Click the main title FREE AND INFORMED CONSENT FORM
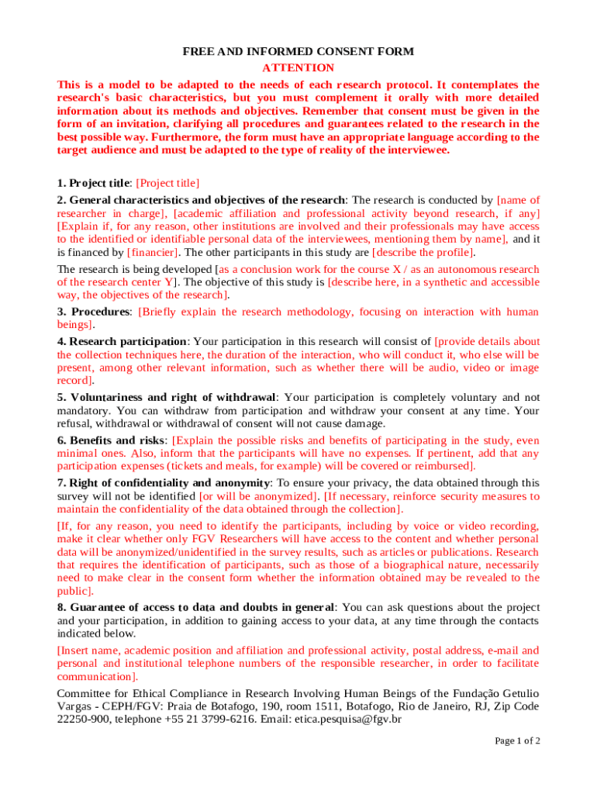298,51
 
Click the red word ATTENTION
298,67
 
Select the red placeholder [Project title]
167,184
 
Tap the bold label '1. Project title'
93,184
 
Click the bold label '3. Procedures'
93,312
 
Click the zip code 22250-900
85,720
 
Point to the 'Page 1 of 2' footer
518,741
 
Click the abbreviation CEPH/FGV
124,706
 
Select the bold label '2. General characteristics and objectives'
201,200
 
